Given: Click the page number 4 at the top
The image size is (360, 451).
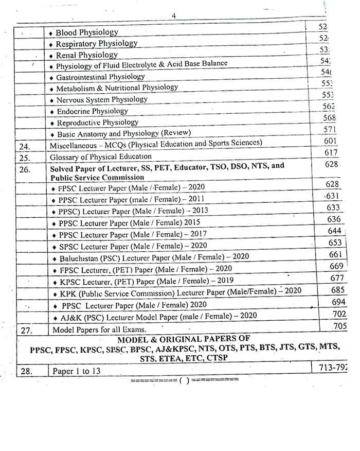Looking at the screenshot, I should click(174, 16).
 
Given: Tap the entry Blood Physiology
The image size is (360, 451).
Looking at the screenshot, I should click(86, 32).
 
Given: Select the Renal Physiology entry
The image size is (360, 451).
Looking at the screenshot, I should click(86, 55).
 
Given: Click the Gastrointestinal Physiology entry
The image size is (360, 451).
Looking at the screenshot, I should click(100, 77).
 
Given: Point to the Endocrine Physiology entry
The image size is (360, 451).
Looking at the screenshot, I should click(92, 111).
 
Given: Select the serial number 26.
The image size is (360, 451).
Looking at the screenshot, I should click(24, 169).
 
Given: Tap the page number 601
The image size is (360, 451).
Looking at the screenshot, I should click(331, 141).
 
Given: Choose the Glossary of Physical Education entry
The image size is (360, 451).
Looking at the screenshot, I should click(100, 157).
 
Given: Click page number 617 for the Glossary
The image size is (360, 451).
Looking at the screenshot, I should click(332, 152).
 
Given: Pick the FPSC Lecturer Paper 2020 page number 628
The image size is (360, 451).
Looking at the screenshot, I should click(332, 184).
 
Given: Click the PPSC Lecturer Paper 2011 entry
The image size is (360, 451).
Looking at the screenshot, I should click(131, 199).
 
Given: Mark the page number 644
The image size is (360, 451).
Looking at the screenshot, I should click(335, 231).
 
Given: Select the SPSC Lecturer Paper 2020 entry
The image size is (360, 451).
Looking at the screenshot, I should click(133, 246).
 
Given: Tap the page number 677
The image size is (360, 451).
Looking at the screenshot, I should click(337, 278).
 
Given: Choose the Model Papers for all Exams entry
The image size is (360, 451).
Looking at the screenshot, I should click(99, 329).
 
